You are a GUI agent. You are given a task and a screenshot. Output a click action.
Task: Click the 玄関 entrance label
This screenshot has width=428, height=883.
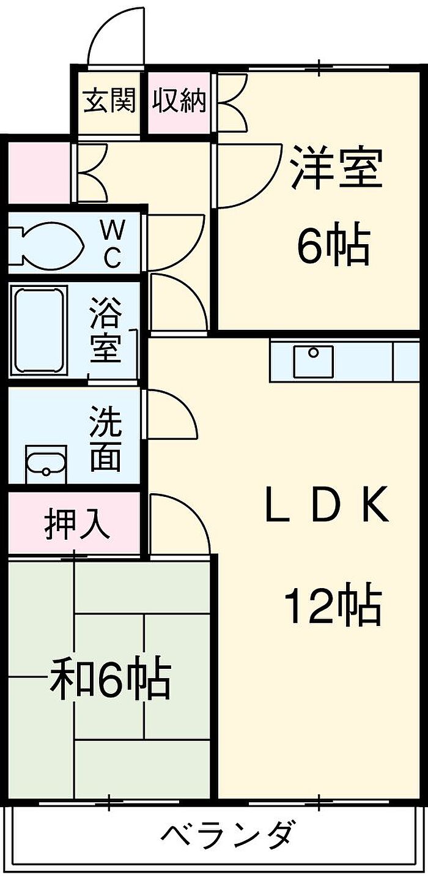(x=109, y=100)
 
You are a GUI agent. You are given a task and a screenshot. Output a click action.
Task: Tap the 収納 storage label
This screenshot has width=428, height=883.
(x=180, y=100)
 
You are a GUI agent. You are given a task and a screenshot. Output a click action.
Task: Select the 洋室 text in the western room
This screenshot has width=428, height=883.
(x=336, y=167)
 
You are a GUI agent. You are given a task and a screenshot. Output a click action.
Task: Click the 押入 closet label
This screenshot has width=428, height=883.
(x=77, y=524)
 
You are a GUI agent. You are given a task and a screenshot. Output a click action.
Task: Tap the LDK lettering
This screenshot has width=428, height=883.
(x=327, y=505)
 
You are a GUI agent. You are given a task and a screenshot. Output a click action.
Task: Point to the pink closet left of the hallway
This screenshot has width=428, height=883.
(x=39, y=173)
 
